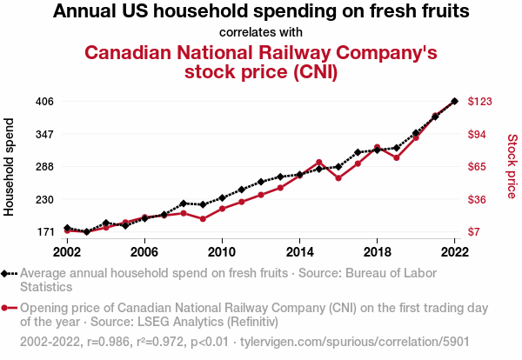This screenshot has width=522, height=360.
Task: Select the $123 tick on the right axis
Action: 481,102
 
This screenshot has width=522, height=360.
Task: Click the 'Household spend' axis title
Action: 10,167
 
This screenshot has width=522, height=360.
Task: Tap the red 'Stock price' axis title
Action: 512,165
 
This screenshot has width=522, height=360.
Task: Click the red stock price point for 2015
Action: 319,163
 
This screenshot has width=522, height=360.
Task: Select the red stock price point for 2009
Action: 203,219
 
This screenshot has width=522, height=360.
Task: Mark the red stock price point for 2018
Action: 378,147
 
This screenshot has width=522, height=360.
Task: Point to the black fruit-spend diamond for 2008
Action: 184,203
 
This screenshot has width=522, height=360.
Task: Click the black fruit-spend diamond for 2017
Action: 358,152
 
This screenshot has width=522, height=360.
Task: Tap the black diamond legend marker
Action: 7,273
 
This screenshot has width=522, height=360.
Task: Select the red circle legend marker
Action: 7,308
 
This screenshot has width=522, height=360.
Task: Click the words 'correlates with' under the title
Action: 261,32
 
